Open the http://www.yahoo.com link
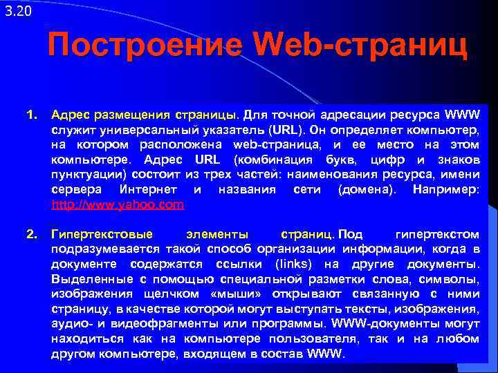tap(118, 204)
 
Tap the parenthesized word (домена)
tap(365, 189)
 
